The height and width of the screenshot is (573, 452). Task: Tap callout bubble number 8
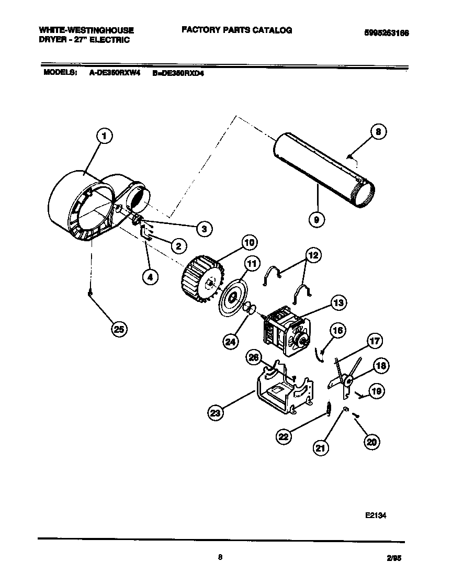(x=378, y=132)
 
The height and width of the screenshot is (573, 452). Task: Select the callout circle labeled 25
(x=120, y=329)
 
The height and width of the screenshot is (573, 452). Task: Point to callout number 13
(x=338, y=302)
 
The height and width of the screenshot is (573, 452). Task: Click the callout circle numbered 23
(x=215, y=413)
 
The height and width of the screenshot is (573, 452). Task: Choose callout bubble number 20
(x=371, y=442)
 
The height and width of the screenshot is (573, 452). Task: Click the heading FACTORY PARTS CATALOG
(x=236, y=30)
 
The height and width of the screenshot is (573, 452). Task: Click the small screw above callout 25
(x=90, y=295)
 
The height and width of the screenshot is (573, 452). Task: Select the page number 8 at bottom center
(x=220, y=557)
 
